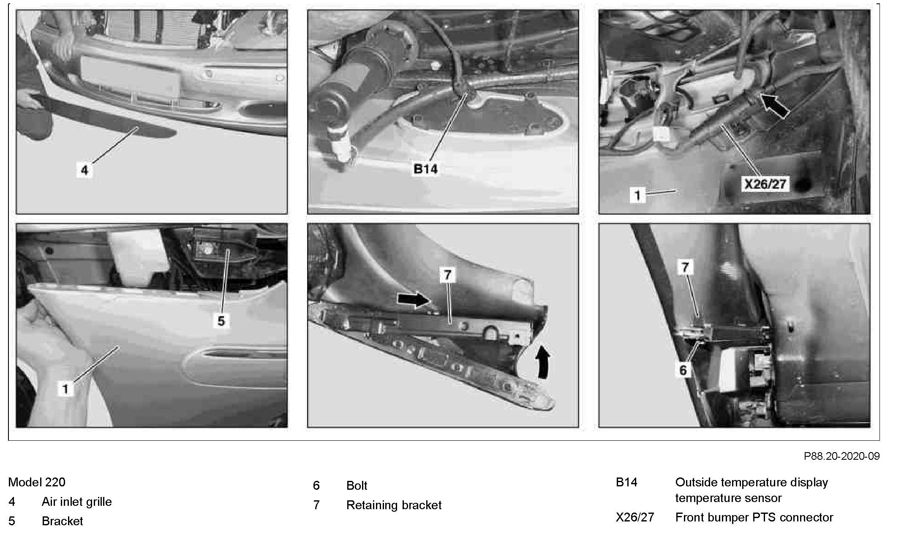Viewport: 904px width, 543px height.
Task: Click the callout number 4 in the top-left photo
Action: (x=85, y=170)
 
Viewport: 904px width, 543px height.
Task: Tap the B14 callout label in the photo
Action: (x=425, y=169)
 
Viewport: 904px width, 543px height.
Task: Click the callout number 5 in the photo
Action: (x=221, y=321)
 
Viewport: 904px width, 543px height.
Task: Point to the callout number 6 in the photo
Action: (x=683, y=370)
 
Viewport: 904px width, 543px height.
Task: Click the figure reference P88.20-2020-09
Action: (x=841, y=456)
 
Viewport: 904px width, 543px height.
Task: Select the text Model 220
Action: (x=37, y=482)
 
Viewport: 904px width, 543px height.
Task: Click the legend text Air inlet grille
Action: (x=77, y=502)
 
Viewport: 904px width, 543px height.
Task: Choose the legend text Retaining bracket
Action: (x=394, y=505)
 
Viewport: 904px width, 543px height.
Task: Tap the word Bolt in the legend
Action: (x=357, y=486)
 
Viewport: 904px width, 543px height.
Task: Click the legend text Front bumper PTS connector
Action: (x=754, y=517)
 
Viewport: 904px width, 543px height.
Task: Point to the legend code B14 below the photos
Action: (x=626, y=482)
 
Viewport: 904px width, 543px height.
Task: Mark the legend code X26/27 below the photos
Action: (x=635, y=517)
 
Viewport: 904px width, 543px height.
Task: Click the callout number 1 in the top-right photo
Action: (x=637, y=195)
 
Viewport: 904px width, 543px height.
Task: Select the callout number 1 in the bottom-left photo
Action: (x=65, y=389)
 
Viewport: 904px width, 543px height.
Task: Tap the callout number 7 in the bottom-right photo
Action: (x=685, y=267)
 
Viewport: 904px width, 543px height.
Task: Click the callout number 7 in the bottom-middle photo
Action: (x=447, y=275)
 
